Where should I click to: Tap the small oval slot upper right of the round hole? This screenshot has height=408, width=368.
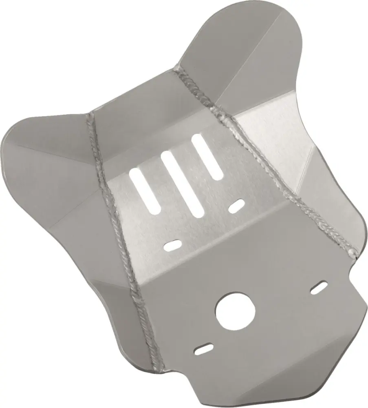(x=319, y=287)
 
